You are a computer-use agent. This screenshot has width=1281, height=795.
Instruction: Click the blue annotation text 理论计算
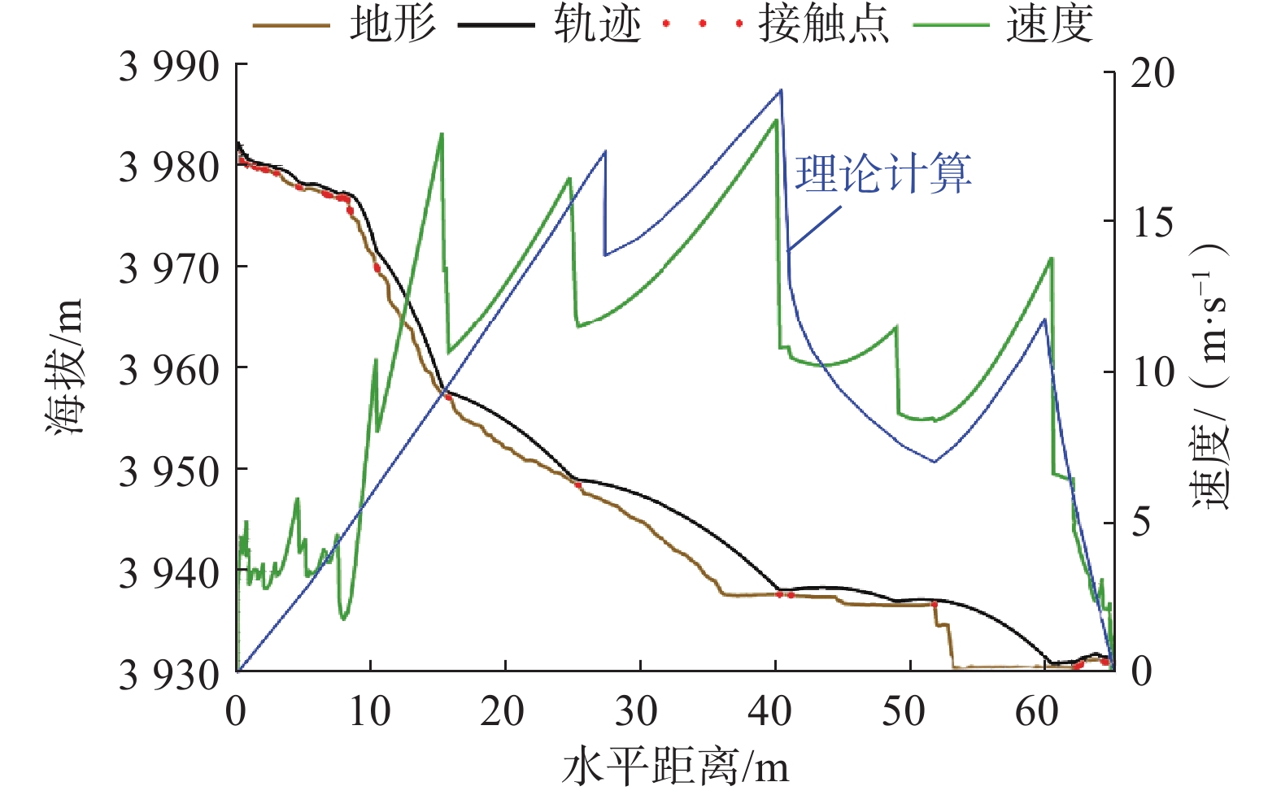point(882,173)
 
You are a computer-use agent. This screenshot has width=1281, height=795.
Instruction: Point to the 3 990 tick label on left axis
point(169,67)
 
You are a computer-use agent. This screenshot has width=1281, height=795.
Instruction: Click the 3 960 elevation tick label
point(169,370)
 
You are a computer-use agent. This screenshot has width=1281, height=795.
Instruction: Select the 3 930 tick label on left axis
point(169,674)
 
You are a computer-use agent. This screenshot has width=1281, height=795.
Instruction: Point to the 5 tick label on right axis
point(1142,521)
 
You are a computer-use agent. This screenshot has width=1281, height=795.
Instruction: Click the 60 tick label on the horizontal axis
point(1037,712)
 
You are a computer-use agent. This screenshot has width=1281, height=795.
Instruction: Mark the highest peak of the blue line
point(781,90)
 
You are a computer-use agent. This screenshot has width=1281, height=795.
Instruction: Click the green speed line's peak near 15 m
point(442,133)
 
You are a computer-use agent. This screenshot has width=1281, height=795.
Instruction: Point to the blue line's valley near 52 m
point(935,462)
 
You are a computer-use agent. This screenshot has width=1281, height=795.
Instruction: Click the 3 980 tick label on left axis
point(169,167)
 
